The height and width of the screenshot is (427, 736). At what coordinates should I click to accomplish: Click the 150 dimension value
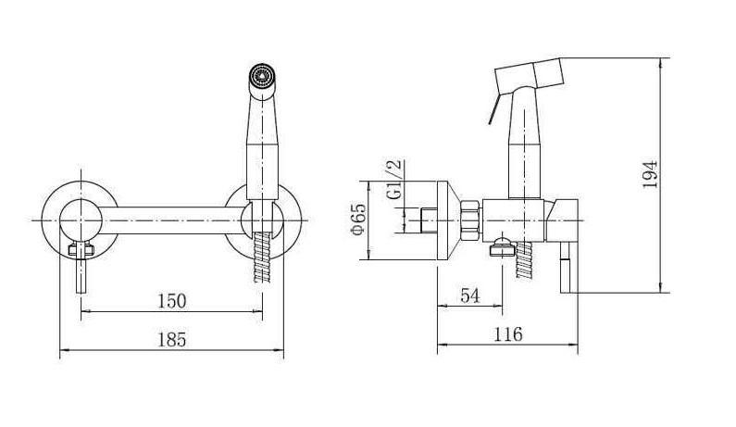point(172,301)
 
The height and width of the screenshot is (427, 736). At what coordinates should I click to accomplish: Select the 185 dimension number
point(172,340)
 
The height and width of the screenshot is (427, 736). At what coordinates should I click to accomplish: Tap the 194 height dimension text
point(650,174)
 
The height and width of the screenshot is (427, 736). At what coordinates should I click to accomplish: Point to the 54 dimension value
point(470,295)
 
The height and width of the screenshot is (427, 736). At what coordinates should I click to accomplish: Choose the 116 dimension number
point(508,334)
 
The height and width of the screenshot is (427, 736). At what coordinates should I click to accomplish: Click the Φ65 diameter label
point(358,219)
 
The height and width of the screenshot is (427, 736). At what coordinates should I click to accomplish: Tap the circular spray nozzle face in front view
point(260,75)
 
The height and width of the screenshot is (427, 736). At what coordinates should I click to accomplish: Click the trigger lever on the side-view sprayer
point(494,109)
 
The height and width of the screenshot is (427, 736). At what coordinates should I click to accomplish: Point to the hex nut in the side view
point(470,220)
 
